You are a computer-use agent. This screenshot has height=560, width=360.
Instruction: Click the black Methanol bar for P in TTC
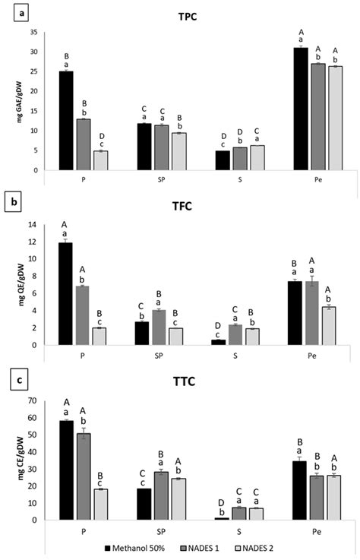click(x=66, y=470)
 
